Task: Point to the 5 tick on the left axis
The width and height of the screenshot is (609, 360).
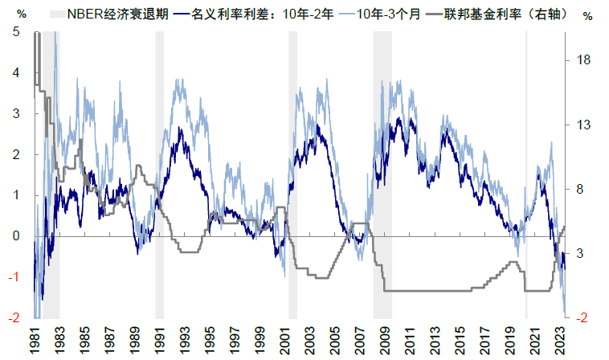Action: [x=18, y=32]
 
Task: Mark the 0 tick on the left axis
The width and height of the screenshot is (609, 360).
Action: [x=18, y=236]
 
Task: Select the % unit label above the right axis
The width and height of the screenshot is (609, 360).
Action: [x=588, y=14]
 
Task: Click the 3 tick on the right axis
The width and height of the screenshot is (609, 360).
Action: [x=587, y=254]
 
